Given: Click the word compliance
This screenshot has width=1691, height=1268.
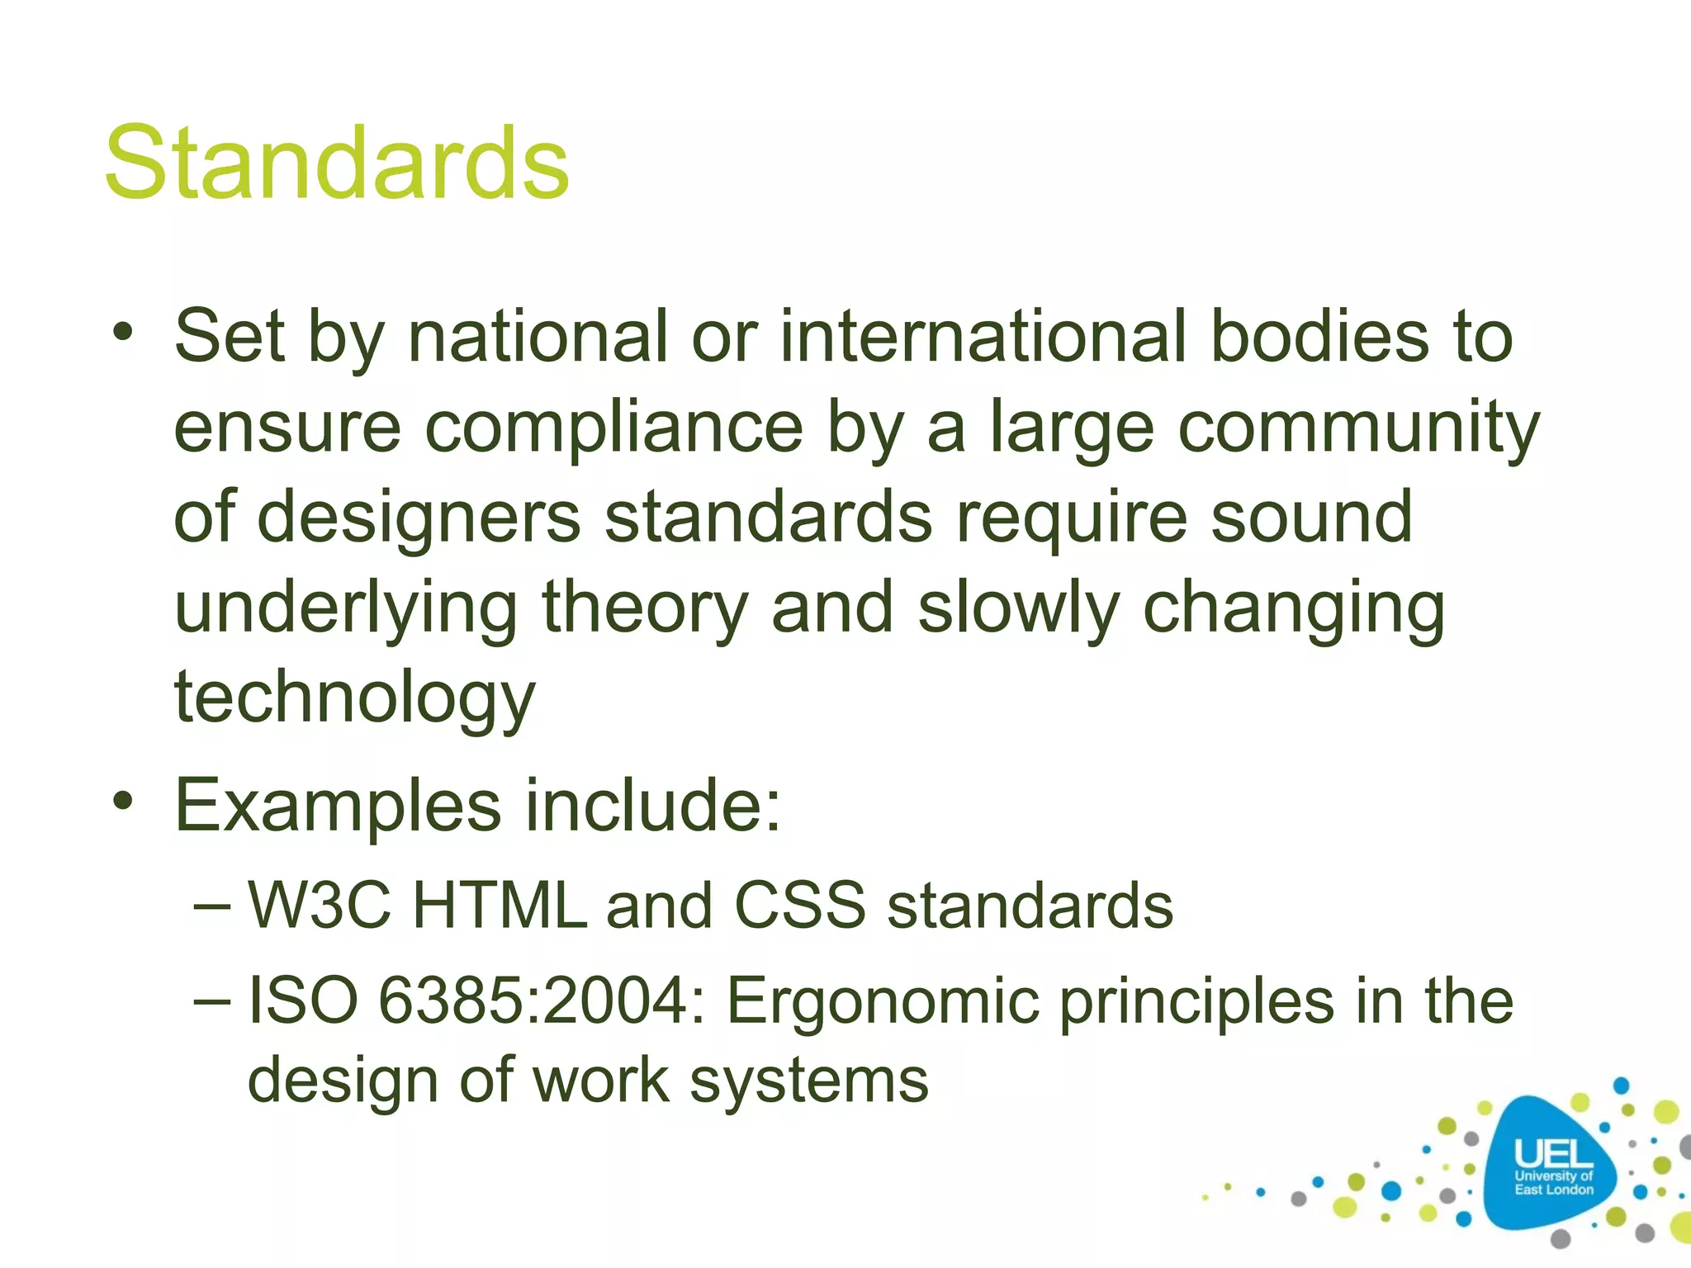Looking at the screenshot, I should click(614, 428).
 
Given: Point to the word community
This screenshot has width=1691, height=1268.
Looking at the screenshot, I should click(1359, 428).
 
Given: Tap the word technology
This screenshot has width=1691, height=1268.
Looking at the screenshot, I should click(355, 698).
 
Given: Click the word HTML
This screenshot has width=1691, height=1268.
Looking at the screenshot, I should click(499, 906).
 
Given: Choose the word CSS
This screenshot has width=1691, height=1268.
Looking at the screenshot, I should click(800, 906).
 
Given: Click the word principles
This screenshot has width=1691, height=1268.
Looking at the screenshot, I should click(1196, 1001).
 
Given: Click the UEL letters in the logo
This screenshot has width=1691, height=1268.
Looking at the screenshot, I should click(1553, 1153).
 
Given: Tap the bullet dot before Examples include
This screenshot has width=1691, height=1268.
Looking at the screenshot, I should click(123, 800).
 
